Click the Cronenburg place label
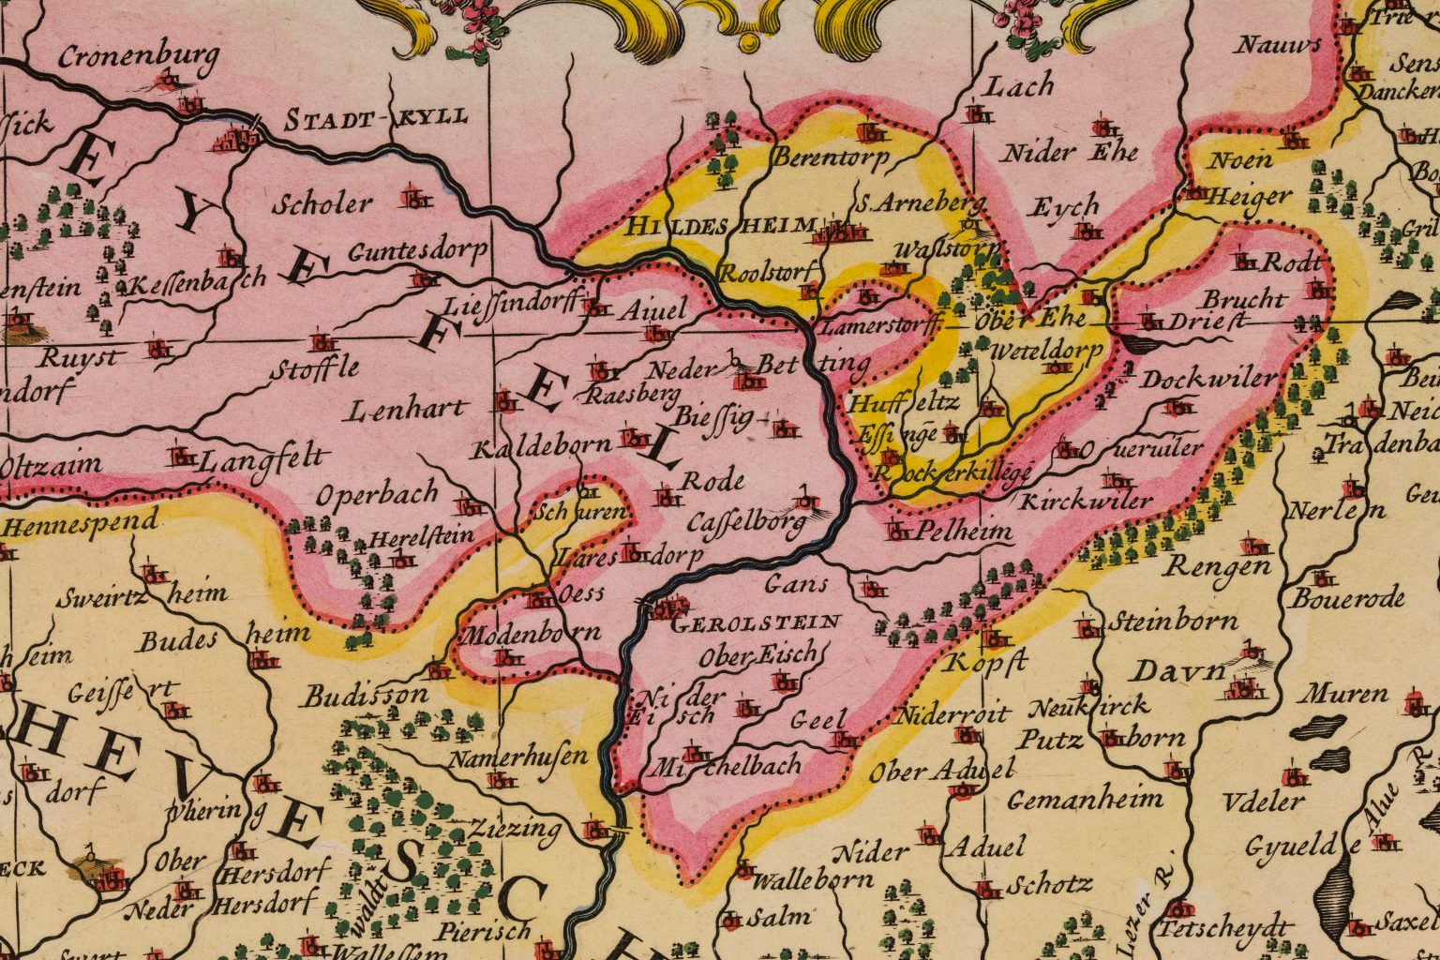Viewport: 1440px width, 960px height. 139,57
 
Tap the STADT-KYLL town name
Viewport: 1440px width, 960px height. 375,119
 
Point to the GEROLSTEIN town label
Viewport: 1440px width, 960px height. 757,622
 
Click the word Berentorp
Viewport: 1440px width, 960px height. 830,157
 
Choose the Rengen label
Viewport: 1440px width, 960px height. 1218,567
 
